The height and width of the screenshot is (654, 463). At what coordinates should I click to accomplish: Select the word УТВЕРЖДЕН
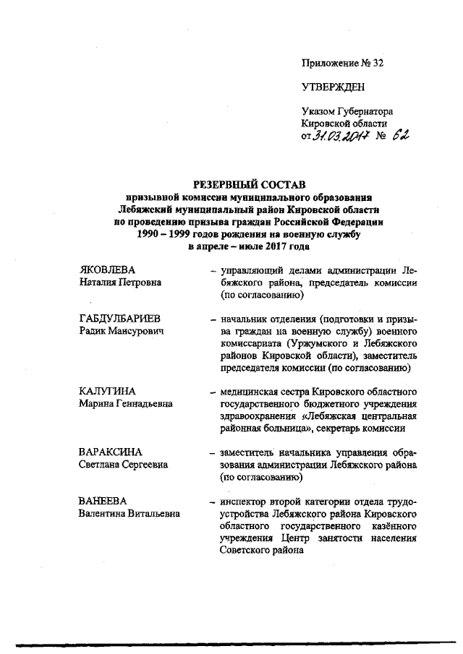click(x=334, y=87)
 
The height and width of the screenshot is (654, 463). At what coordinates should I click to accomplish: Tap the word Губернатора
click(x=367, y=112)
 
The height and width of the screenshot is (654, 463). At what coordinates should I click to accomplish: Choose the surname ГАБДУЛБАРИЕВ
click(x=120, y=319)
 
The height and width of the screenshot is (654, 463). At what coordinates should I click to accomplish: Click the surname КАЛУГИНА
click(x=107, y=392)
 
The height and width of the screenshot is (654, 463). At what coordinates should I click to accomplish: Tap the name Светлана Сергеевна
click(x=124, y=465)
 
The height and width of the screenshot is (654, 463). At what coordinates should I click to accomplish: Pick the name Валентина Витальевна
click(x=130, y=514)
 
